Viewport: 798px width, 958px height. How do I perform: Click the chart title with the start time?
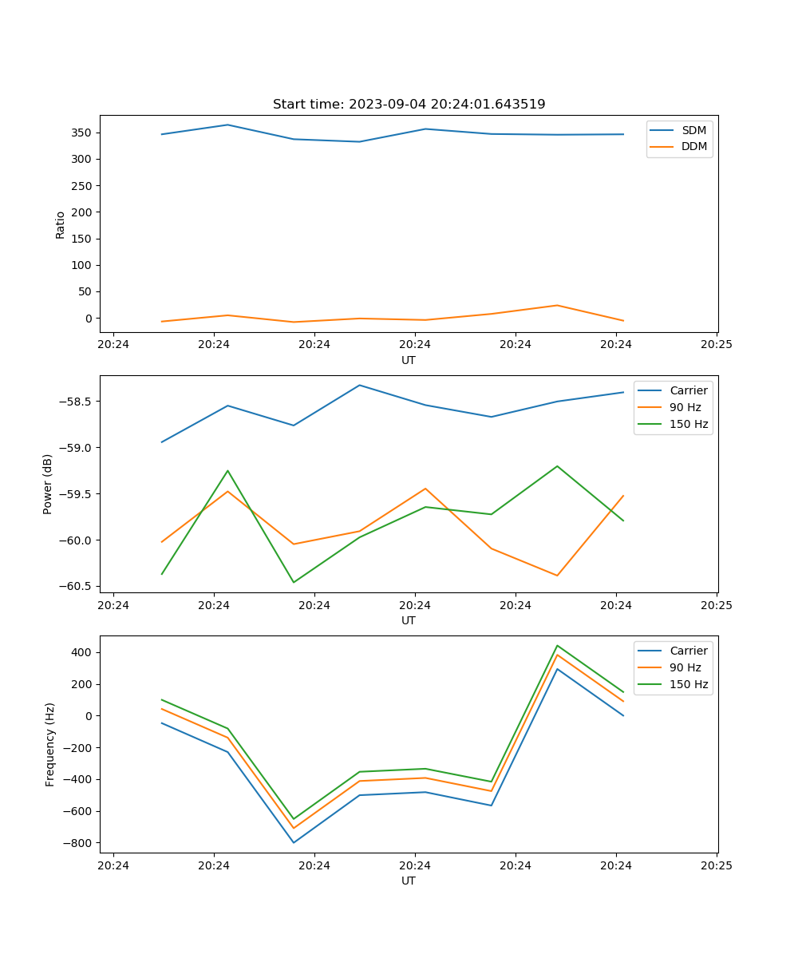click(x=409, y=105)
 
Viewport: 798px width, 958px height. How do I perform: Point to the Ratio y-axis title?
click(x=61, y=224)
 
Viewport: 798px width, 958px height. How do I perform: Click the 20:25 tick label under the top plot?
click(x=716, y=345)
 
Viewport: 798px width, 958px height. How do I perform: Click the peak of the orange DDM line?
click(x=557, y=305)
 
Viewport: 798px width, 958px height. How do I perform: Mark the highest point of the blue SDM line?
click(x=227, y=125)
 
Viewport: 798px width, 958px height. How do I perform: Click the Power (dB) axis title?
click(x=49, y=484)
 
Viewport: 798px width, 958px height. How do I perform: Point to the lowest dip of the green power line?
click(x=294, y=582)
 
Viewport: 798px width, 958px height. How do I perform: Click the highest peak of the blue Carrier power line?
click(x=359, y=386)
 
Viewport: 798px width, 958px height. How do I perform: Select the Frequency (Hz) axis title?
click(x=50, y=744)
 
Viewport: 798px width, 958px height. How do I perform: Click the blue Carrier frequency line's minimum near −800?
click(x=294, y=842)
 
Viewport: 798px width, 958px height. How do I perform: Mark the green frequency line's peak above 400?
click(x=557, y=645)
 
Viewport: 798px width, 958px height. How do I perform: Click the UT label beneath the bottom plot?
click(x=409, y=881)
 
